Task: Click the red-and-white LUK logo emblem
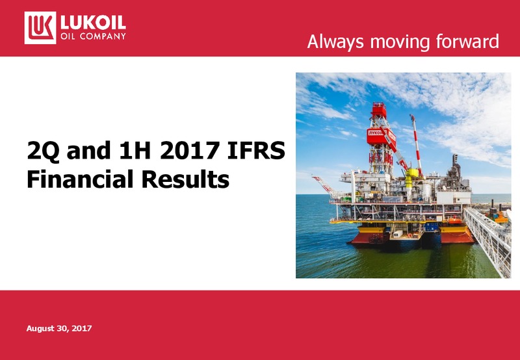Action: pyautogui.click(x=40, y=28)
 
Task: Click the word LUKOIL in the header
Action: pyautogui.click(x=93, y=23)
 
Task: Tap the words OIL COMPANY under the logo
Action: pyautogui.click(x=93, y=36)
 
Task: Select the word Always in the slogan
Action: pyautogui.click(x=335, y=42)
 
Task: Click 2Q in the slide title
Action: pyautogui.click(x=44, y=151)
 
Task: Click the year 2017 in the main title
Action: pyautogui.click(x=189, y=150)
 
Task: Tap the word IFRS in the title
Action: pyautogui.click(x=256, y=150)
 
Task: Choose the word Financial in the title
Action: pyautogui.click(x=80, y=179)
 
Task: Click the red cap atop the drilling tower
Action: pyautogui.click(x=379, y=110)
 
